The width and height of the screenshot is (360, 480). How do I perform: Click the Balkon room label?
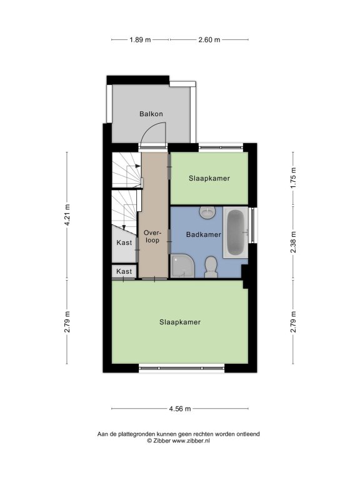pyautogui.click(x=151, y=114)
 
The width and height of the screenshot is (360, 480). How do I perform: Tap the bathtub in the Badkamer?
pyautogui.click(x=236, y=232)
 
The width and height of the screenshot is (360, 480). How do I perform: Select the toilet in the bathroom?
pyautogui.click(x=211, y=267)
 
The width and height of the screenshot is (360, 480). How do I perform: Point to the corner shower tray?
pyautogui.click(x=182, y=266)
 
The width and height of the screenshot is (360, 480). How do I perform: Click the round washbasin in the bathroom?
pyautogui.click(x=207, y=212)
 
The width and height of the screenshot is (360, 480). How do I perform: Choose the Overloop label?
pyautogui.click(x=152, y=236)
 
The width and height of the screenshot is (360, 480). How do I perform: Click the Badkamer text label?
pyautogui.click(x=204, y=235)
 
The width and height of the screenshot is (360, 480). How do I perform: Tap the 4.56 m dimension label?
pyautogui.click(x=180, y=409)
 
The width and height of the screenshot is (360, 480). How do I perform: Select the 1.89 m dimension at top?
pyautogui.click(x=140, y=39)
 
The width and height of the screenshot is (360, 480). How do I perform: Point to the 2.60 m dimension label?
pyautogui.click(x=209, y=39)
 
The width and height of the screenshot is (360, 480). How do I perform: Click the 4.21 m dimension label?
pyautogui.click(x=67, y=214)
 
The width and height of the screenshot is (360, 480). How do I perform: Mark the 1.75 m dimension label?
pyautogui.click(x=293, y=178)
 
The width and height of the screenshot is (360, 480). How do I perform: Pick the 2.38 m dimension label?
pyautogui.click(x=293, y=242)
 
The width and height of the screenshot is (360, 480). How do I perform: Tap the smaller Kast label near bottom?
pyautogui.click(x=124, y=271)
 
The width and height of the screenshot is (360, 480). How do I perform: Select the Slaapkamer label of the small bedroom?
pyautogui.click(x=209, y=179)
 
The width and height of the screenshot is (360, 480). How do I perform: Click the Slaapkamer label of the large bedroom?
pyautogui.click(x=180, y=322)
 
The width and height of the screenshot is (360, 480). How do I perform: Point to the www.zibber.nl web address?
pyautogui.click(x=191, y=441)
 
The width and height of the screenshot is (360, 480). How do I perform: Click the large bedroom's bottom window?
pyautogui.click(x=182, y=368)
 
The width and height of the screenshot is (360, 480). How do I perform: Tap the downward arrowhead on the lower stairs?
pyautogui.click(x=124, y=227)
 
